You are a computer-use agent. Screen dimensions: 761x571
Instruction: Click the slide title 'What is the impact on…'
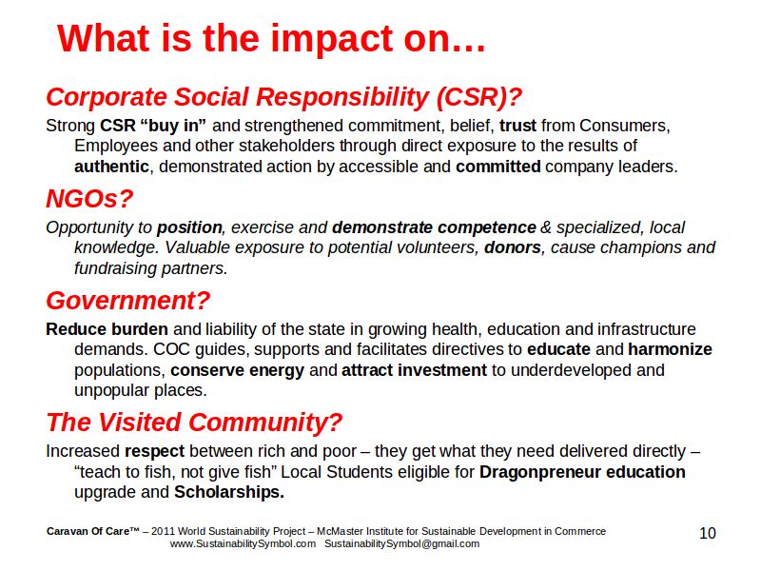[x=271, y=38]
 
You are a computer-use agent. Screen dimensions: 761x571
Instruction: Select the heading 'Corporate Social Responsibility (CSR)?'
[x=283, y=97]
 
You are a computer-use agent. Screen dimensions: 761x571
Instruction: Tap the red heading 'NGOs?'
[x=89, y=199]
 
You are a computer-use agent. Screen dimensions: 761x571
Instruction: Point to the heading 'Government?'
[x=128, y=301]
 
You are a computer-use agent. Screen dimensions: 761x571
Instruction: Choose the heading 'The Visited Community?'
[x=194, y=422]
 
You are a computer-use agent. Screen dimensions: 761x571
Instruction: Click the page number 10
[x=708, y=533]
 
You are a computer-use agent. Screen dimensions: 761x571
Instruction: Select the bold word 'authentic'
[x=111, y=167]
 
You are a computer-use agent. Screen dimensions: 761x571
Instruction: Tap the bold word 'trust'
[x=517, y=126]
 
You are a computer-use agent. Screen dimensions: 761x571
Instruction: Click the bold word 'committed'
[x=498, y=167]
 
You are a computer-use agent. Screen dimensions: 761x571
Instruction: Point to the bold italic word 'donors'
[x=513, y=247]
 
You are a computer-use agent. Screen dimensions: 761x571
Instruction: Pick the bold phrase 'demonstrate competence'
[x=434, y=227]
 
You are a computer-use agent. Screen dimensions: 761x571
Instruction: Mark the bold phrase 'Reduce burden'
[x=107, y=329]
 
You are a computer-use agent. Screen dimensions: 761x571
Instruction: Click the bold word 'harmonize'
[x=670, y=349]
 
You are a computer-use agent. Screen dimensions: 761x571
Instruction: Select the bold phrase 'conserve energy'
[x=237, y=370]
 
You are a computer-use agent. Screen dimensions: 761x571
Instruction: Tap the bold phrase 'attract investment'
[x=414, y=370]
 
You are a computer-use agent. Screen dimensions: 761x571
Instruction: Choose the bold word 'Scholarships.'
[x=229, y=492]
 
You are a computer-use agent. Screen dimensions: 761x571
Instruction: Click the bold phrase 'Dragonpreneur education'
[x=582, y=472]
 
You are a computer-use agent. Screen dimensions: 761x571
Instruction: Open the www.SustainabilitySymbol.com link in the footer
[x=243, y=543]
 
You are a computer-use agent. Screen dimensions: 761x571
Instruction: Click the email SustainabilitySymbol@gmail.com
[x=401, y=543]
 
